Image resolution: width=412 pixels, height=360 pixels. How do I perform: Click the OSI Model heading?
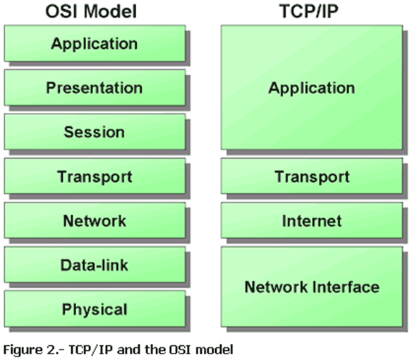pyautogui.click(x=95, y=11)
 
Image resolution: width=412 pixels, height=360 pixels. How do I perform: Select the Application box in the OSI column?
pyautogui.click(x=95, y=44)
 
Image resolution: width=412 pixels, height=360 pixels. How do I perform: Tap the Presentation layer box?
pyautogui.click(x=95, y=88)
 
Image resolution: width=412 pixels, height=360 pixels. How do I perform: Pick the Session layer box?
pyautogui.click(x=95, y=132)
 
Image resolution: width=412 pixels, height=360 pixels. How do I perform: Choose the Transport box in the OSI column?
pyautogui.click(x=95, y=176)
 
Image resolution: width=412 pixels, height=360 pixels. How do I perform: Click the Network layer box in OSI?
pyautogui.click(x=95, y=220)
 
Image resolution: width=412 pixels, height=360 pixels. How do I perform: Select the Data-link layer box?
pyautogui.click(x=95, y=265)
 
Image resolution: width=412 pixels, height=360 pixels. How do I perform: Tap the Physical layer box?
pyautogui.click(x=95, y=308)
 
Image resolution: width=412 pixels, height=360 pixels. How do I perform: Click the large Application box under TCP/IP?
pyautogui.click(x=311, y=88)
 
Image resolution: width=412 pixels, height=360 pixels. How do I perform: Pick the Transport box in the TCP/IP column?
pyautogui.click(x=311, y=176)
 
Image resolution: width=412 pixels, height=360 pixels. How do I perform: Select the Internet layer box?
pyautogui.click(x=311, y=220)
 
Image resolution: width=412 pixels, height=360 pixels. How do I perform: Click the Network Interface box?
pyautogui.click(x=311, y=287)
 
